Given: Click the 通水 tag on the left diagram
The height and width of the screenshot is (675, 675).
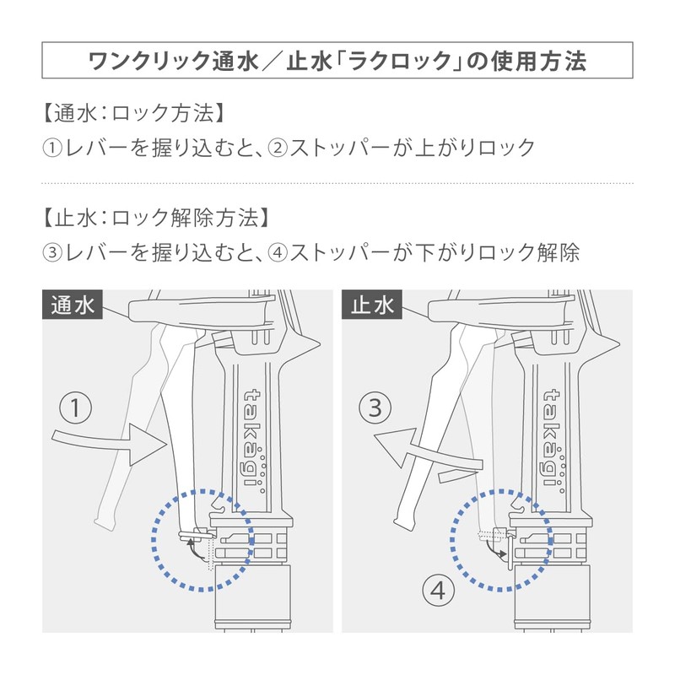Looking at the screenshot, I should (x=73, y=305).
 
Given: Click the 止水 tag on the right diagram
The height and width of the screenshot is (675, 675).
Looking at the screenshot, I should (x=372, y=305).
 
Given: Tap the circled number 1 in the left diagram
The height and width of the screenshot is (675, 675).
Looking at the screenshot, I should (x=76, y=408).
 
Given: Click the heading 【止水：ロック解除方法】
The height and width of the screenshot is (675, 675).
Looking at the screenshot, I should (x=156, y=217).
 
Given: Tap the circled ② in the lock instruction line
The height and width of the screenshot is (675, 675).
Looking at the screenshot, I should (x=278, y=148).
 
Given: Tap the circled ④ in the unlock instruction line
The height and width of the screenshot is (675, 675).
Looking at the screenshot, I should (x=278, y=252).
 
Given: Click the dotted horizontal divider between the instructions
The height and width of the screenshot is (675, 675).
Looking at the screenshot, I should (x=337, y=183).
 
